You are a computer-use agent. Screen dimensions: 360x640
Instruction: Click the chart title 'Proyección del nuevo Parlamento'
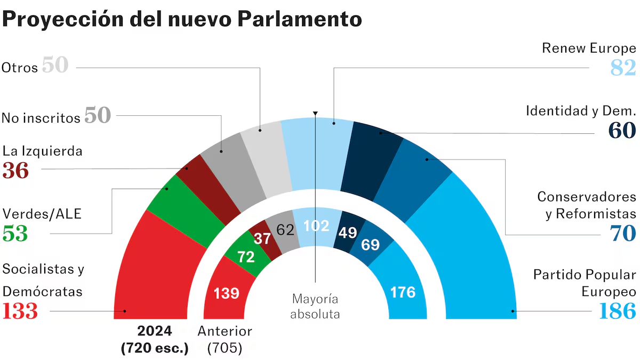point(182,20)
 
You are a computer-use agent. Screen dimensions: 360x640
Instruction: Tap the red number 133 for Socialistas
point(20,311)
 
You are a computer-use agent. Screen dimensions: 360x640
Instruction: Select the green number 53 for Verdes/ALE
point(15,234)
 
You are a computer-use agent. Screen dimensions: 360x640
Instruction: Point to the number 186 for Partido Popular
point(618,311)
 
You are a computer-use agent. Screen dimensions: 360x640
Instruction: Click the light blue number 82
point(623,68)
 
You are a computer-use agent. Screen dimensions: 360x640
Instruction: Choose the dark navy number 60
point(622,131)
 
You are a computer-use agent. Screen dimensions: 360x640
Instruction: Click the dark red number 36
point(15,171)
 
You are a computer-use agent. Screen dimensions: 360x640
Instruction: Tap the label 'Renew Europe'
point(589,48)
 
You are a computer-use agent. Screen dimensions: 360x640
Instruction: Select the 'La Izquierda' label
point(42,151)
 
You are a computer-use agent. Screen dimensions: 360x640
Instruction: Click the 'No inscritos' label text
point(41,117)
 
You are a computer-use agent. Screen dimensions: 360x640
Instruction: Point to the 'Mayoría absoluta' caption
point(315,306)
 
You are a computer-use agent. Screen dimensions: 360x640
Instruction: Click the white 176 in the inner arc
point(402,292)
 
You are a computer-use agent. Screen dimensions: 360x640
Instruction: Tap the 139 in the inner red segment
point(226,293)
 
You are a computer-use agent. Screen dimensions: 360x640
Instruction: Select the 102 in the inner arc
point(316,226)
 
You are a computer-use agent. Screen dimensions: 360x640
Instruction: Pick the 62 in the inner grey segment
point(285,230)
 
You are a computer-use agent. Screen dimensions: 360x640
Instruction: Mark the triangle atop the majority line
point(315,114)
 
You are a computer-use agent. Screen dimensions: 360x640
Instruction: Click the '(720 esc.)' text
point(155,349)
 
